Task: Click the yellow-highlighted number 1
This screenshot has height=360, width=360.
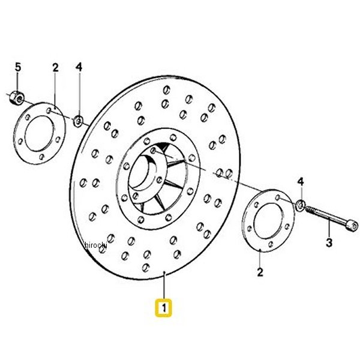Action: (163, 308)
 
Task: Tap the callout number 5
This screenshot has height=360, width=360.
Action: (18, 67)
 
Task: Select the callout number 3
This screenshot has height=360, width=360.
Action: (329, 242)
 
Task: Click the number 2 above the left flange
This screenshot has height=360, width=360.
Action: (55, 67)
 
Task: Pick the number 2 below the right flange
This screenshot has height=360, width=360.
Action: (260, 272)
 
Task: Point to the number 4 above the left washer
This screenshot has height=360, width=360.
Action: (79, 67)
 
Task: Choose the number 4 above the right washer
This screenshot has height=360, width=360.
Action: (301, 182)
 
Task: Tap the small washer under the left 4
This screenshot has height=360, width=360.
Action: (78, 121)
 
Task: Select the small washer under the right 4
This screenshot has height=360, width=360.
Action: (301, 205)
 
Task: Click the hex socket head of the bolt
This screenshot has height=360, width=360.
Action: (352, 226)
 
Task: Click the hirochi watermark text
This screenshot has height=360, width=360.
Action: (96, 245)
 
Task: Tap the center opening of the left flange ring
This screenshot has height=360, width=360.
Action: (40, 133)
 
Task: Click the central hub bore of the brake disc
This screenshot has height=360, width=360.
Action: (140, 172)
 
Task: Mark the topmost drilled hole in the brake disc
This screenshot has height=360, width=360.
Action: (167, 90)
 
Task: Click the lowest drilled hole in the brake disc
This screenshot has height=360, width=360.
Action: (146, 268)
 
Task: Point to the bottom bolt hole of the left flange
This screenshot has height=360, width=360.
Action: (41, 157)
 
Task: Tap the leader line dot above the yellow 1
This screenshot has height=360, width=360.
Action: (164, 272)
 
